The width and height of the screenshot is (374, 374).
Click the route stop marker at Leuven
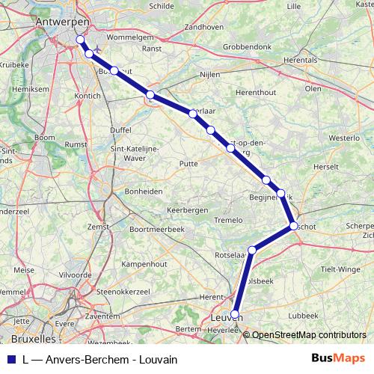coord(235,314)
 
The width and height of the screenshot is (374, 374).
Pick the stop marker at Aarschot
coord(293,225)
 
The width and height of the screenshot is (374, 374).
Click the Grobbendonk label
coord(249,46)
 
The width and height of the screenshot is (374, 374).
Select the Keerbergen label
coord(187,210)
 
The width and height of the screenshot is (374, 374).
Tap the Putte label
coord(189,162)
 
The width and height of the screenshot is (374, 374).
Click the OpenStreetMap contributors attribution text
coord(309,334)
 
